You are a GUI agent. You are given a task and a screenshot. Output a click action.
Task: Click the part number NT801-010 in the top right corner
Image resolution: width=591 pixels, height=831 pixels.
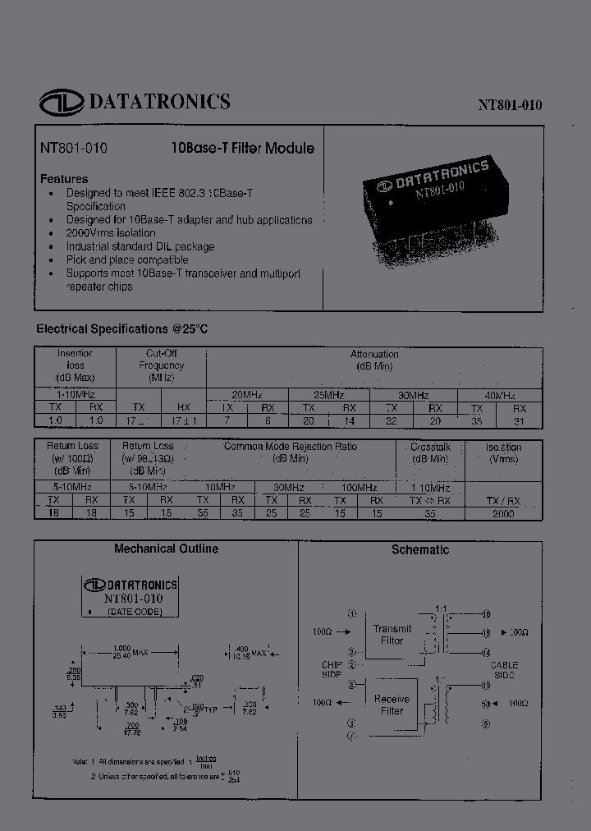click(x=510, y=105)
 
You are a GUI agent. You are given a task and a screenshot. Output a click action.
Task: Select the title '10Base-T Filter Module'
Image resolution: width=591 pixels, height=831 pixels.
click(x=242, y=149)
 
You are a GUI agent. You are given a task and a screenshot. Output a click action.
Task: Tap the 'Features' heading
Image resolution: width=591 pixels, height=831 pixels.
click(x=64, y=178)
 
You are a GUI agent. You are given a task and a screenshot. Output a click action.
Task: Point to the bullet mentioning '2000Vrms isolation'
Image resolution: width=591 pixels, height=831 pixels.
click(x=111, y=233)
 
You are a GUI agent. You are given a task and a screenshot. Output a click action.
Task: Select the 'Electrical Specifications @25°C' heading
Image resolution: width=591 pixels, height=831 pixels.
click(x=122, y=328)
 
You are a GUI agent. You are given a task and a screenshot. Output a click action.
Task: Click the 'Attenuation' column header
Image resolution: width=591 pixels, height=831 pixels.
click(x=374, y=354)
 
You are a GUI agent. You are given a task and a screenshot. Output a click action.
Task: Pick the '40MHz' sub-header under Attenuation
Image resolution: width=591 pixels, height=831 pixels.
click(x=499, y=394)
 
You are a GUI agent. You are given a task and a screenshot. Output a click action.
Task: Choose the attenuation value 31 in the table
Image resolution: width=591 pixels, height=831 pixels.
click(x=519, y=420)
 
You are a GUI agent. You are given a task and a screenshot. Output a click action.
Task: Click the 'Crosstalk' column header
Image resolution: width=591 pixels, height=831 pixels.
click(x=429, y=448)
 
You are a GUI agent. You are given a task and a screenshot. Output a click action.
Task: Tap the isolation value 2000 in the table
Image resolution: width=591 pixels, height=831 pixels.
click(x=503, y=513)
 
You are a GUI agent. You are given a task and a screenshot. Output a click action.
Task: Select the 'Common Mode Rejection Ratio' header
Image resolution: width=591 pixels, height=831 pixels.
click(x=291, y=447)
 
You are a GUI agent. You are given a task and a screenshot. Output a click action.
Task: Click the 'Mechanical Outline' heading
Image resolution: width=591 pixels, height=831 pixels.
click(x=166, y=549)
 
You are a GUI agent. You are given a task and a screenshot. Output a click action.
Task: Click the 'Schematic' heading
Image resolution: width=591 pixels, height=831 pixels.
click(x=420, y=549)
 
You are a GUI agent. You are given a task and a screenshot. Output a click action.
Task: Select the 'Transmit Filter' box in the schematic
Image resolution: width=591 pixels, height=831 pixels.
click(x=392, y=635)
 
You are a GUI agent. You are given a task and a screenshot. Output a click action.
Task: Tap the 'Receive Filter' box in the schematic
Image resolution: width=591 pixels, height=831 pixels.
click(x=392, y=705)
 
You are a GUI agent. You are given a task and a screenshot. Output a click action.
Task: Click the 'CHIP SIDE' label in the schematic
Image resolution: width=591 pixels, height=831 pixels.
click(x=331, y=668)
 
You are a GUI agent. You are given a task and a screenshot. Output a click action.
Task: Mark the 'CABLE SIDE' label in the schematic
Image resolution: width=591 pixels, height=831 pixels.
click(x=503, y=668)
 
